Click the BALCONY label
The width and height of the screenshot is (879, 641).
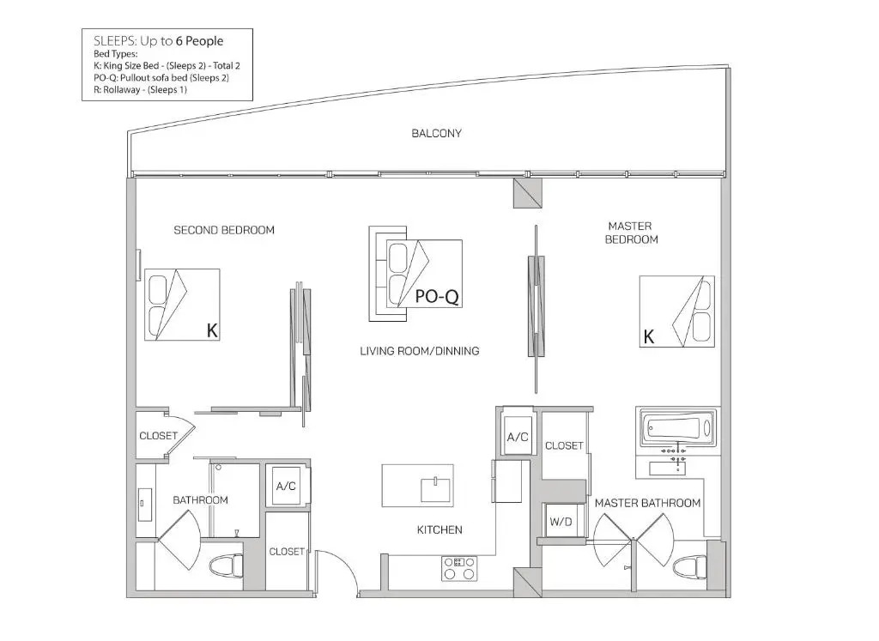click(x=436, y=133)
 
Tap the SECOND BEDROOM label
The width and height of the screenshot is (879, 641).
click(x=224, y=230)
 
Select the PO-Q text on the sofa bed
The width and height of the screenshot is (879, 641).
click(x=437, y=296)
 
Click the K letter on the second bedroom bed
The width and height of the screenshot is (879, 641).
click(x=212, y=330)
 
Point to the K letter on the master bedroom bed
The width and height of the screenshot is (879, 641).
click(x=649, y=336)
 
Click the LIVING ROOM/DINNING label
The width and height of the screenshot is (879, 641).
click(x=419, y=351)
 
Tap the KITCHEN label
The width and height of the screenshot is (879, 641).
click(x=439, y=529)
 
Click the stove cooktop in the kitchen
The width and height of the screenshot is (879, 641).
click(x=459, y=568)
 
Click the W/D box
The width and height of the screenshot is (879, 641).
click(x=560, y=522)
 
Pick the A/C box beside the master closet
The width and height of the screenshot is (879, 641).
click(x=518, y=437)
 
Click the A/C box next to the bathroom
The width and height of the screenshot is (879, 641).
click(x=286, y=486)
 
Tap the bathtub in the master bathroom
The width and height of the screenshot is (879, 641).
click(x=678, y=429)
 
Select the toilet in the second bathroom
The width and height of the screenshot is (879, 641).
click(x=227, y=565)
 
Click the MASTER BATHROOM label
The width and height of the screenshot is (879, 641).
click(x=647, y=503)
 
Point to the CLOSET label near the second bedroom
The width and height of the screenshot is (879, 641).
click(x=158, y=436)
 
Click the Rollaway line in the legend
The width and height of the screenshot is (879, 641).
click(x=140, y=89)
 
